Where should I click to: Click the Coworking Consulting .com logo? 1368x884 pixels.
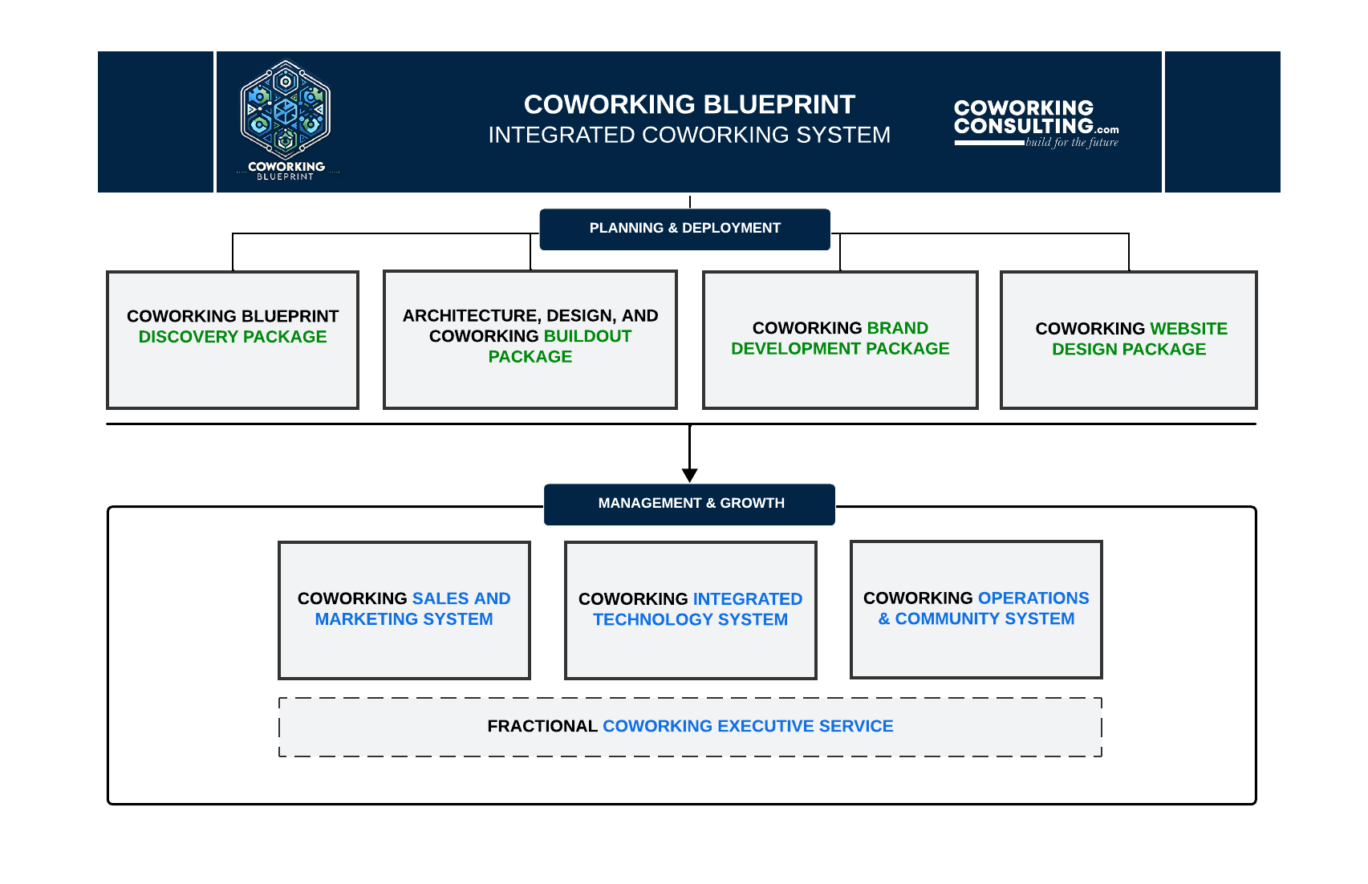(x=1035, y=122)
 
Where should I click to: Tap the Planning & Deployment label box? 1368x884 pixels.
(x=684, y=229)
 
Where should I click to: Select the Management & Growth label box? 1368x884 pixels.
(x=689, y=504)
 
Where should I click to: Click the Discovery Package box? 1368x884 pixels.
(x=233, y=340)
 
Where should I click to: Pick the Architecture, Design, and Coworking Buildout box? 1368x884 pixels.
(x=530, y=340)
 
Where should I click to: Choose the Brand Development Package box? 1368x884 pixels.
(x=840, y=340)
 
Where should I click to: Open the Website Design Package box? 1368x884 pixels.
(x=1128, y=340)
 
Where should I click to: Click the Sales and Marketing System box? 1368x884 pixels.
(x=404, y=610)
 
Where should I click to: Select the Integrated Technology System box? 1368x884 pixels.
(x=690, y=610)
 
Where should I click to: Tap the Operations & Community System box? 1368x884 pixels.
(x=976, y=610)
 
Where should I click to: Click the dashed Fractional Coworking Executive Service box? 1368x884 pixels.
(x=690, y=727)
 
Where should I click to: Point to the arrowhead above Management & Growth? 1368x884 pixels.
(x=689, y=475)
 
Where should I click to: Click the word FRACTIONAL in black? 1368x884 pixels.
(x=542, y=727)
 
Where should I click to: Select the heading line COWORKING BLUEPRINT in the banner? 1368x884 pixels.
(x=689, y=105)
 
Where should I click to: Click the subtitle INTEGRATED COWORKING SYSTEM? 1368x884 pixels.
(x=689, y=135)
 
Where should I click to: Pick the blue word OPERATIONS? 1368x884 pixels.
(x=1033, y=598)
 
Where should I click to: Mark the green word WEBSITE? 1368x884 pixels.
(x=1188, y=329)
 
